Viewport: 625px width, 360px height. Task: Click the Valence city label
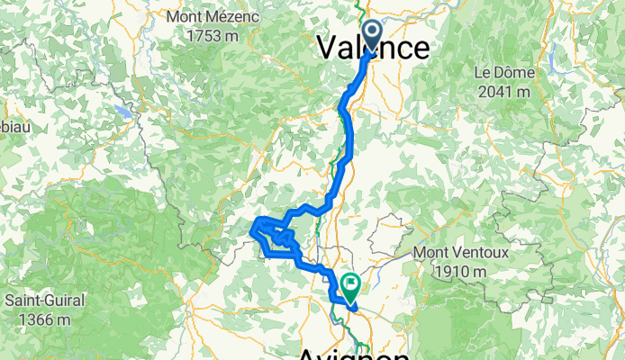click(372, 47)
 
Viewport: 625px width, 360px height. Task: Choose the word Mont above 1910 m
click(430, 253)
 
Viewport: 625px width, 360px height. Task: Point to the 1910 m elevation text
click(457, 271)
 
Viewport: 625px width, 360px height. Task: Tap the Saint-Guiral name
click(40, 300)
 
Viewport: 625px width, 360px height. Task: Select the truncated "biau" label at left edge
click(15, 127)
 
